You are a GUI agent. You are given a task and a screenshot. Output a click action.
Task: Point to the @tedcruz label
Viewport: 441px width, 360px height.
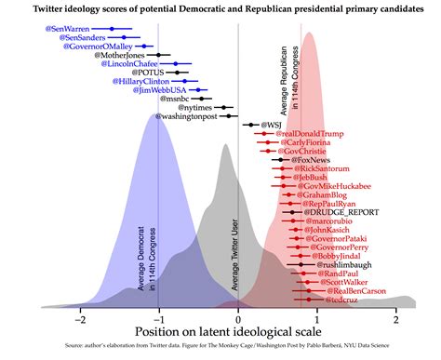[x=341, y=300]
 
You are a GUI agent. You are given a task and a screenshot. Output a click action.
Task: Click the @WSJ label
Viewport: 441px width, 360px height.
[x=272, y=124]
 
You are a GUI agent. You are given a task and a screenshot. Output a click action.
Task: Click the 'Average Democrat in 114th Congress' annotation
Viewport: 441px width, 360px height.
[x=146, y=256]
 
